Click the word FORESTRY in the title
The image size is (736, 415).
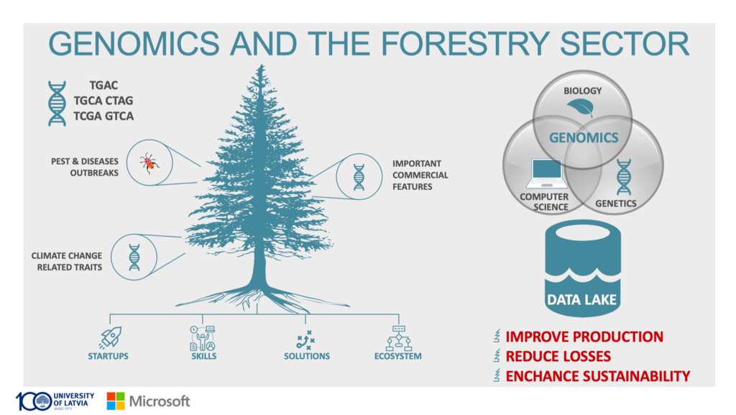click(x=464, y=44)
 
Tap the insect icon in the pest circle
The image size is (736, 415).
click(x=149, y=163)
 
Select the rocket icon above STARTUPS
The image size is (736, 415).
click(x=111, y=337)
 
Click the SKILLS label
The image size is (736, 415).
click(x=203, y=356)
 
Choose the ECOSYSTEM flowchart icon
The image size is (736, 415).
click(x=398, y=338)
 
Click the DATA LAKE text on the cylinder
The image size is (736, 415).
click(x=581, y=299)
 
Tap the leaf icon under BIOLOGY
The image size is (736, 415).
click(x=581, y=107)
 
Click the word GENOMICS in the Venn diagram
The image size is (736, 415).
click(x=584, y=137)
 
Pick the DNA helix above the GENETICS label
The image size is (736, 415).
click(x=624, y=176)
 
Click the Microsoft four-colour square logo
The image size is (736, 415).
click(x=116, y=401)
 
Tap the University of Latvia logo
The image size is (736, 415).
click(x=55, y=401)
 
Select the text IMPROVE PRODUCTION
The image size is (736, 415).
click(x=584, y=337)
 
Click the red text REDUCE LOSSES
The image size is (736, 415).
click(x=558, y=356)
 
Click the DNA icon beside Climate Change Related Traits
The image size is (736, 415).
click(x=134, y=257)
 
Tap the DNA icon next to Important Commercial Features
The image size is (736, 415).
click(x=359, y=177)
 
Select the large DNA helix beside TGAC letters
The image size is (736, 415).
click(x=57, y=104)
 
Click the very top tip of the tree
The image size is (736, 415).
click(x=261, y=65)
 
